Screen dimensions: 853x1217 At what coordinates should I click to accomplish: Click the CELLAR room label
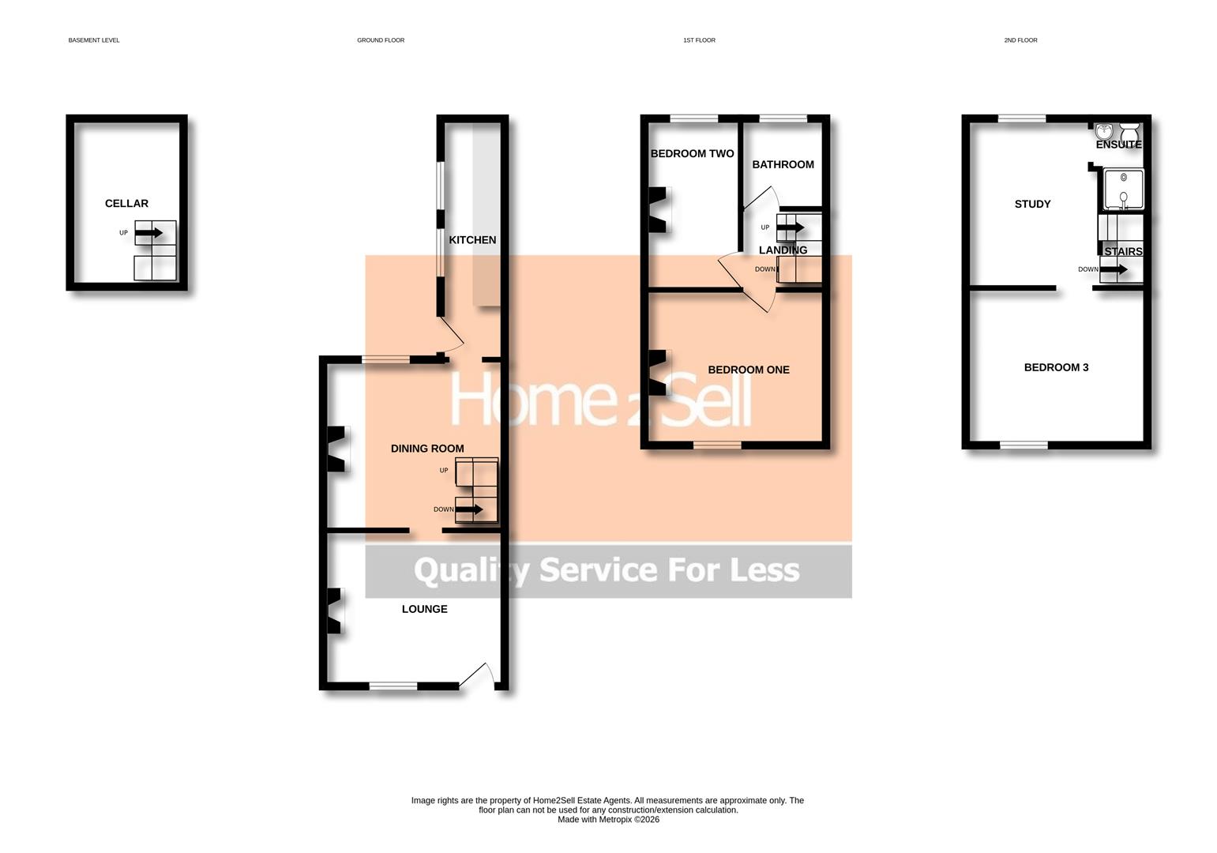(x=126, y=204)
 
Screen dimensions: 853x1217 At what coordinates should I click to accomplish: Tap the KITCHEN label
(x=472, y=240)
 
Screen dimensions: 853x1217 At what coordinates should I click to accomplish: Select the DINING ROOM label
(x=427, y=449)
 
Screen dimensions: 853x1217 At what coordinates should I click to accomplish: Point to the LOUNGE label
(x=424, y=609)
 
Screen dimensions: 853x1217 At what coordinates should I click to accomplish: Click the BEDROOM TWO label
(x=692, y=154)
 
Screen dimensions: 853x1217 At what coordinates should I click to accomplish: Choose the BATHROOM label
(x=783, y=164)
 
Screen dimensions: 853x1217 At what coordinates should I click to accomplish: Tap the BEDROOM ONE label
(x=748, y=370)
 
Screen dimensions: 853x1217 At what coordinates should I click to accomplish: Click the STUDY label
(x=1032, y=204)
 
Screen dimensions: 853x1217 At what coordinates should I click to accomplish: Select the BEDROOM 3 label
(x=1056, y=367)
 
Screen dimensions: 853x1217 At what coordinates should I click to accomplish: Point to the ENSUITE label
(x=1118, y=145)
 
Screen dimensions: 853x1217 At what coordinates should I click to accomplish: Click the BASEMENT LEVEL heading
(x=94, y=40)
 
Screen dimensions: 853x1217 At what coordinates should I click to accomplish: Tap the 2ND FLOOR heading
(x=1020, y=40)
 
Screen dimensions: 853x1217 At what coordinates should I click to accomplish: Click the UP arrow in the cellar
(x=148, y=233)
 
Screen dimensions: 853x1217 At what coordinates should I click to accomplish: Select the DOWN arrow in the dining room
(x=469, y=509)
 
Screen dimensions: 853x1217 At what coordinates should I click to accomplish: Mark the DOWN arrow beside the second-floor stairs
(x=1114, y=269)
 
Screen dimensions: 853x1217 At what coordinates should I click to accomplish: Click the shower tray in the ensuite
(x=1123, y=190)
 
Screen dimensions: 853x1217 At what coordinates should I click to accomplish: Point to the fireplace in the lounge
(x=334, y=611)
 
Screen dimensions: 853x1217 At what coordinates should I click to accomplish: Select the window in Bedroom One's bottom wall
(x=717, y=445)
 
